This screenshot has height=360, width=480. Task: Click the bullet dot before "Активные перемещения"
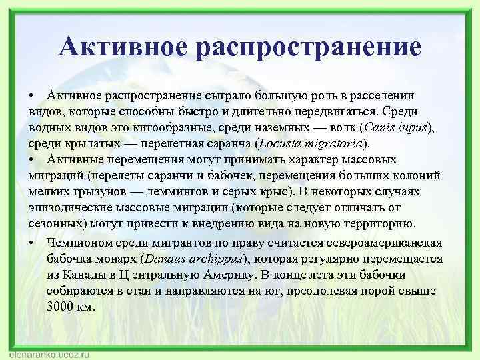(x=32, y=159)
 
